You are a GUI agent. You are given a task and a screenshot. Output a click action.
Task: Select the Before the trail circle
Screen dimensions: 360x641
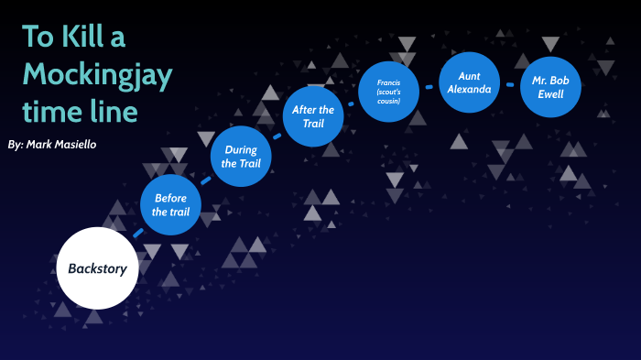point(172,205)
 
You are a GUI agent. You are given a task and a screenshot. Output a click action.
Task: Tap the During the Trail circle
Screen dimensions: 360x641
point(242,157)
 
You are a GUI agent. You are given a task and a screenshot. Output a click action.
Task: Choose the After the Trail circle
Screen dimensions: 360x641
point(313,116)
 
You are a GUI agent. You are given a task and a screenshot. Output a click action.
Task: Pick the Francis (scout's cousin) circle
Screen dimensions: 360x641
point(388,92)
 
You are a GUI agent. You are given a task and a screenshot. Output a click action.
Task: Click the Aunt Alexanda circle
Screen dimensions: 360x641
point(470,82)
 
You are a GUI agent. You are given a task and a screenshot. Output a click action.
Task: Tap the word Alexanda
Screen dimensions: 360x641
point(470,90)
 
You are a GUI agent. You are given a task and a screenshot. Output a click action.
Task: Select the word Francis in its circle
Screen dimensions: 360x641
point(388,82)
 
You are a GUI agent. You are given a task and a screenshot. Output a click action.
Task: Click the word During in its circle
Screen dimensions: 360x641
point(242,149)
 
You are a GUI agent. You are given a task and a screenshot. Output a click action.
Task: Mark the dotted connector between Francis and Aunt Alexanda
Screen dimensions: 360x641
point(429,85)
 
